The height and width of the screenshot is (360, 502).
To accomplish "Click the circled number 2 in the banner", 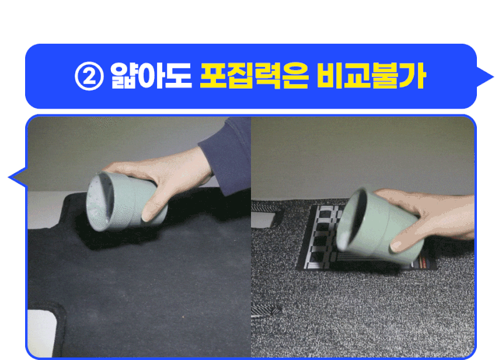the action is [89, 77].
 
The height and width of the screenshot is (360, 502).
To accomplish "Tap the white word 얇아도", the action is [151, 76].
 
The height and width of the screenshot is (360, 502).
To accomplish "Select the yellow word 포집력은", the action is [255, 76].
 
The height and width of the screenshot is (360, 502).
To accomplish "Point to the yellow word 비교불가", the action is [372, 76].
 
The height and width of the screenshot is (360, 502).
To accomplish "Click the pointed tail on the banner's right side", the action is [484, 77].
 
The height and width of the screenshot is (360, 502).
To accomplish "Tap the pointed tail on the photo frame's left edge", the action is [18, 177].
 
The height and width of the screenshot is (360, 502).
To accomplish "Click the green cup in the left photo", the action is [127, 202].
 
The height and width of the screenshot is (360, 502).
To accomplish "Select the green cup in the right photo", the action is [378, 226].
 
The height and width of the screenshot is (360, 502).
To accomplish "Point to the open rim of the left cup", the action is [99, 202].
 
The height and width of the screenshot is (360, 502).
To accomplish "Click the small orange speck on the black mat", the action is [183, 317].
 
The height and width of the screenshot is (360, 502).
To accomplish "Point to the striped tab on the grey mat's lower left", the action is [264, 310].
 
